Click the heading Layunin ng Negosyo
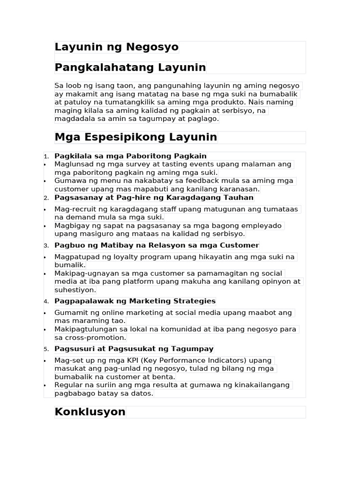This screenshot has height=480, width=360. click(x=116, y=47)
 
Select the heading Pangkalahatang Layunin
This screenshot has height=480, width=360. click(x=130, y=67)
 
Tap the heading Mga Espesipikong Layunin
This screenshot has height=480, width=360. click(x=135, y=137)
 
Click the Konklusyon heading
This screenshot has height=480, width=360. click(x=90, y=412)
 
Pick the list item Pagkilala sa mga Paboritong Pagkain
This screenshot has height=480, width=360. click(x=130, y=156)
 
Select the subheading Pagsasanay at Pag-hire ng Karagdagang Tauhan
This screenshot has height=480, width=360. click(x=154, y=198)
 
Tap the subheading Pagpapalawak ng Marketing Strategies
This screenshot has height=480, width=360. click(x=135, y=301)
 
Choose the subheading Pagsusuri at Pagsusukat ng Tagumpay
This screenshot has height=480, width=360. click(x=134, y=349)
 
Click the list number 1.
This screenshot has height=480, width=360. click(x=46, y=157)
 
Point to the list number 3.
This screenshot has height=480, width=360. click(x=46, y=246)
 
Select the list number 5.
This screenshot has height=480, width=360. click(x=46, y=349)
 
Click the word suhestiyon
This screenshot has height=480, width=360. click(x=75, y=290)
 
